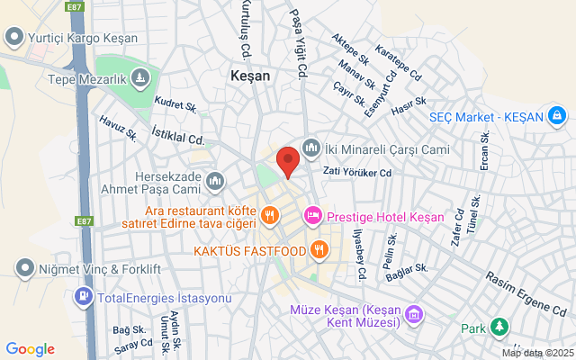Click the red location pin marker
(x=288, y=160)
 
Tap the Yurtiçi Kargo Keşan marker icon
(x=13, y=37)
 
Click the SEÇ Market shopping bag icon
(x=559, y=116)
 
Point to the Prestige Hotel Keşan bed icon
(x=313, y=216)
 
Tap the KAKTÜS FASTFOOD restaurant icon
(x=317, y=248)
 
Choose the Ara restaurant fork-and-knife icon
(x=269, y=215)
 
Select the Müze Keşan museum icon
(x=412, y=315)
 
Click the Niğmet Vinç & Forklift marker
(x=24, y=267)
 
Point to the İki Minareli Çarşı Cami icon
(x=311, y=147)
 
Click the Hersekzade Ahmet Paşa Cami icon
(x=215, y=183)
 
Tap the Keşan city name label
(x=250, y=76)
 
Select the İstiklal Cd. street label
(x=178, y=136)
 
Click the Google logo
(x=30, y=349)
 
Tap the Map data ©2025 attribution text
(x=536, y=353)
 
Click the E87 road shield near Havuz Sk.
(x=84, y=221)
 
